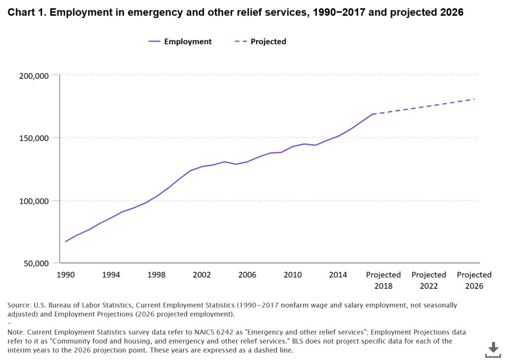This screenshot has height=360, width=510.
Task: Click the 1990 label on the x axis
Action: (66, 275)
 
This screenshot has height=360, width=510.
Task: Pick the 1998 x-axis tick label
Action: (156, 275)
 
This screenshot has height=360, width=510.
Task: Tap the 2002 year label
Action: (202, 275)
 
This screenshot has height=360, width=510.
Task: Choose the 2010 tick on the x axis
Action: (293, 275)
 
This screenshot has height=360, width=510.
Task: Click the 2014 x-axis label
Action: (338, 275)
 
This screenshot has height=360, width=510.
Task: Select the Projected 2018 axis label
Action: (383, 280)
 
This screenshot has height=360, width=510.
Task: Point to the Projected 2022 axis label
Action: (429, 280)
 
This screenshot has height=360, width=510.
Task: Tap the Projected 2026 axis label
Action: (474, 280)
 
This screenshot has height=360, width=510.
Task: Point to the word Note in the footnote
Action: (16, 331)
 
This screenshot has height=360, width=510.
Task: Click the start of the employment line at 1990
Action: (66, 241)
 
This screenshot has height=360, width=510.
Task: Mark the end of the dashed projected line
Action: (474, 99)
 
